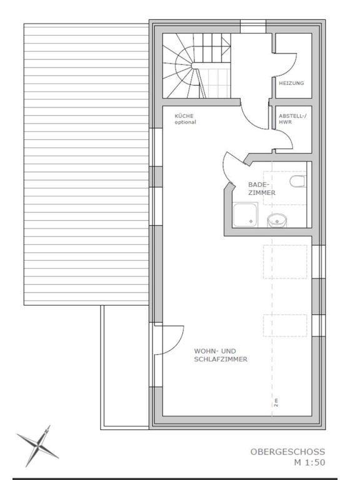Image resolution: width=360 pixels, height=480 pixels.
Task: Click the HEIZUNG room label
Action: pyautogui.click(x=291, y=83)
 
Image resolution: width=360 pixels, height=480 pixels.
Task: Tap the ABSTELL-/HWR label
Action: pyautogui.click(x=292, y=119)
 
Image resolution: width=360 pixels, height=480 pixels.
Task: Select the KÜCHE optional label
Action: pyautogui.click(x=185, y=119)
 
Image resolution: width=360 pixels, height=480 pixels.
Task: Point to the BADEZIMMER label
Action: pyautogui.click(x=261, y=189)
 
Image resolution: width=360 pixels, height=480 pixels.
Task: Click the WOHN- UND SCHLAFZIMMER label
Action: pyautogui.click(x=221, y=355)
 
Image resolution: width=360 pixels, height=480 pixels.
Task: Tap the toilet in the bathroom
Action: pyautogui.click(x=297, y=181)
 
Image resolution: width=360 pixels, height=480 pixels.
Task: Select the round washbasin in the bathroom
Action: pyautogui.click(x=277, y=221)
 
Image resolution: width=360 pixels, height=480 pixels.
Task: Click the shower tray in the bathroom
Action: pyautogui.click(x=246, y=215)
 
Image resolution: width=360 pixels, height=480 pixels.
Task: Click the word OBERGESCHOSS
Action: pyautogui.click(x=287, y=452)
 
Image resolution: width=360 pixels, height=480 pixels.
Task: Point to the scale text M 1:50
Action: pyautogui.click(x=309, y=462)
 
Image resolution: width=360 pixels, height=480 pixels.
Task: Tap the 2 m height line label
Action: pyautogui.click(x=276, y=402)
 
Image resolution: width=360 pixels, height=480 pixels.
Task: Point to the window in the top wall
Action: pyautogui.click(x=253, y=26)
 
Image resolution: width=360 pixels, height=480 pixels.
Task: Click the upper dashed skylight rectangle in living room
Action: pyautogui.click(x=285, y=262)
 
